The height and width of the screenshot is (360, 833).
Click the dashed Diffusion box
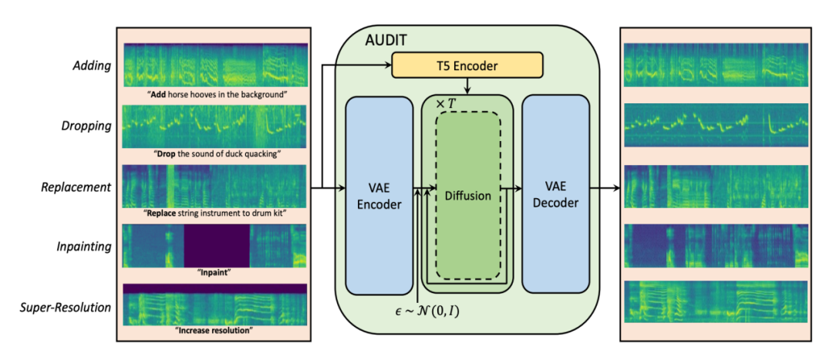tap(467, 196)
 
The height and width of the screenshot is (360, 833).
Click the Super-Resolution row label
tap(65, 308)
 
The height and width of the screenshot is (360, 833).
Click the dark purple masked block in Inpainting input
tap(217, 245)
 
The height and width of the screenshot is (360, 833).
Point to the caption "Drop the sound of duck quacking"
tap(214, 153)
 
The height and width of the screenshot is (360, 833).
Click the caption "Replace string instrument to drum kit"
tap(214, 213)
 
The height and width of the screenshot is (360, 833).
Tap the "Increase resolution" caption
tap(214, 331)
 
